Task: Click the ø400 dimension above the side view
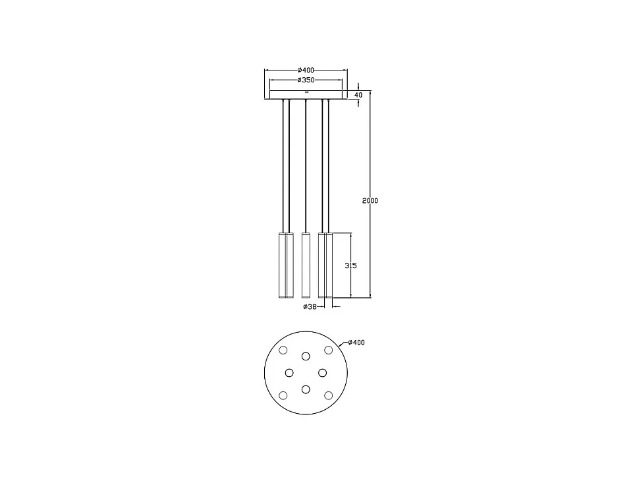click(x=306, y=70)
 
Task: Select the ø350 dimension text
click(x=306, y=80)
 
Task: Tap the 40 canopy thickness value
click(x=358, y=95)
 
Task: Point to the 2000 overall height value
click(x=370, y=200)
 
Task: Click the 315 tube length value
click(x=351, y=266)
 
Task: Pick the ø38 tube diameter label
click(x=310, y=307)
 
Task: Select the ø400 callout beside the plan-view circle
click(x=356, y=343)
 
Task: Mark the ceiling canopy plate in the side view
click(x=306, y=95)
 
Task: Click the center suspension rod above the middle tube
click(x=306, y=165)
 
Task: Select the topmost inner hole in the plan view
click(x=306, y=356)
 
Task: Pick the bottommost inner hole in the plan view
click(x=306, y=389)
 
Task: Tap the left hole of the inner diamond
click(x=289, y=373)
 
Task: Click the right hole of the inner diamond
click(x=322, y=373)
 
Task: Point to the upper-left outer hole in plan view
click(x=283, y=350)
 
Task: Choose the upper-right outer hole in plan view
click(x=328, y=350)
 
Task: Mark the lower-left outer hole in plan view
click(x=283, y=395)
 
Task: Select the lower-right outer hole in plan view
click(x=328, y=395)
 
